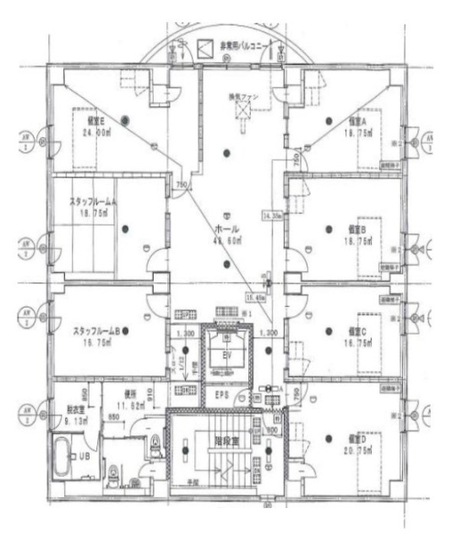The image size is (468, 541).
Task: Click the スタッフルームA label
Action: tap(94, 203)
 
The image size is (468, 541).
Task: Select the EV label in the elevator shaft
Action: tap(226, 358)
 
